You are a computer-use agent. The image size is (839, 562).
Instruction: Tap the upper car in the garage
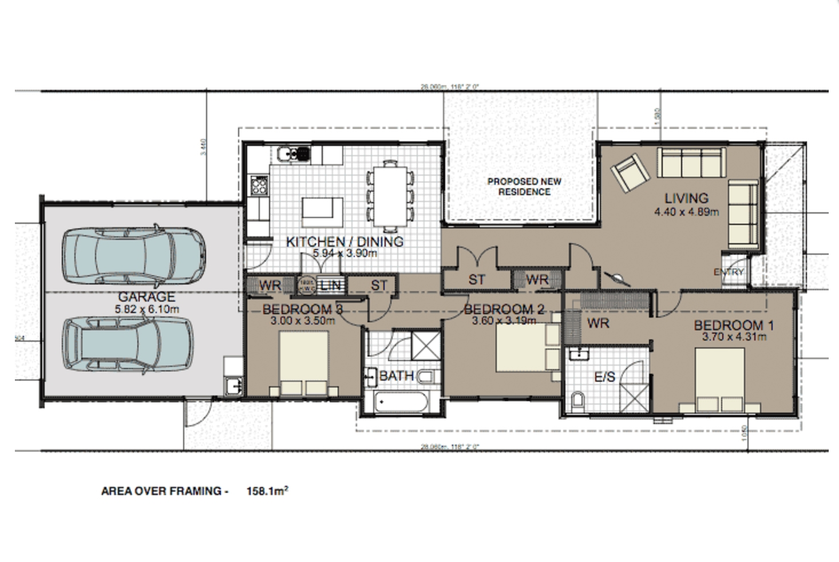click(x=135, y=256)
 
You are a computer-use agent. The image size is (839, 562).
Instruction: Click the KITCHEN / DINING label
click(x=345, y=242)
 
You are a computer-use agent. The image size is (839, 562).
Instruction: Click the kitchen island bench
click(x=323, y=208)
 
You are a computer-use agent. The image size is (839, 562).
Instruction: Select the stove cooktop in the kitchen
click(x=259, y=184)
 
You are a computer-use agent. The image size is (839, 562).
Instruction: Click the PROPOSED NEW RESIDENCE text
click(x=524, y=187)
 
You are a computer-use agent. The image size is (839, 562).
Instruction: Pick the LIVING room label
click(x=686, y=199)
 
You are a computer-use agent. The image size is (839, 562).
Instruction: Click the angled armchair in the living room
click(x=630, y=173)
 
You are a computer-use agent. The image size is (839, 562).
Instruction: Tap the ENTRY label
click(x=729, y=272)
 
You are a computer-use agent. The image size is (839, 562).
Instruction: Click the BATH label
click(x=396, y=376)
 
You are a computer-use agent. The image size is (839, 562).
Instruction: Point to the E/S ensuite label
click(x=604, y=377)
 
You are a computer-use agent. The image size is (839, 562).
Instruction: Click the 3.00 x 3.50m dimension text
click(x=302, y=320)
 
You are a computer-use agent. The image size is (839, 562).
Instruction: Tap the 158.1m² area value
click(x=267, y=490)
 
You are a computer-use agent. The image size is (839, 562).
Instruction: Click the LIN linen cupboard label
click(x=330, y=284)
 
